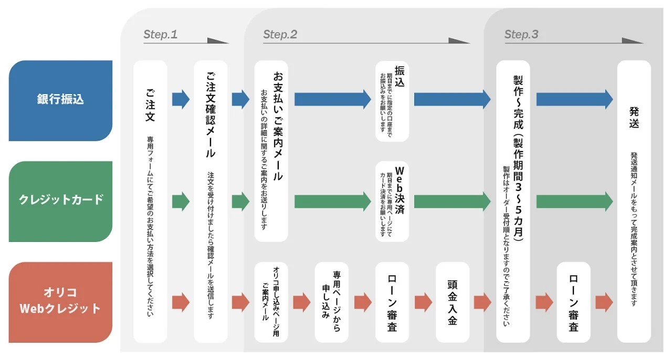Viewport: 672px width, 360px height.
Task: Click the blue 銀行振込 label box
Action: click(60, 101)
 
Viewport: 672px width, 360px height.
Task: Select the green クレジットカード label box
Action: click(60, 202)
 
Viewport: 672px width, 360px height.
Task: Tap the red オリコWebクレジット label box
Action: click(60, 302)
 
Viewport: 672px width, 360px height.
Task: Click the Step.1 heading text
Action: click(161, 35)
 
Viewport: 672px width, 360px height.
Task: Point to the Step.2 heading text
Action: click(280, 35)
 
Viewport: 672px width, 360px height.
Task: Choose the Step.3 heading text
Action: click(521, 35)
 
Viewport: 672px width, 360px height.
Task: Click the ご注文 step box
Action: click(150, 202)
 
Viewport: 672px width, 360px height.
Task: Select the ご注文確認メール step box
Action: click(211, 202)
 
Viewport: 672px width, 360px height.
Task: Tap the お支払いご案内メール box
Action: click(271, 151)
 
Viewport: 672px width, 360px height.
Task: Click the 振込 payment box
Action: click(392, 101)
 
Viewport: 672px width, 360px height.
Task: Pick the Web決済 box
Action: click(392, 202)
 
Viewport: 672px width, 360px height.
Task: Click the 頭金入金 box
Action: click(453, 302)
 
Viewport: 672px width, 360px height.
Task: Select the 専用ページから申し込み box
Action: click(332, 302)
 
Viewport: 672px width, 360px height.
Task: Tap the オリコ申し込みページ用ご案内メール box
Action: click(271, 302)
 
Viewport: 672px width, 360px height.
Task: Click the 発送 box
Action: click(634, 202)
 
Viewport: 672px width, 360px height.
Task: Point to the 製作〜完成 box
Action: click(513, 202)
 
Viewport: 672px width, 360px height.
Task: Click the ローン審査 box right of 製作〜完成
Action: click(574, 302)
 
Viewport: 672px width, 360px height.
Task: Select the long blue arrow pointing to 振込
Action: click(333, 99)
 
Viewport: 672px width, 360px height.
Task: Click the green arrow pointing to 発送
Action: click(574, 202)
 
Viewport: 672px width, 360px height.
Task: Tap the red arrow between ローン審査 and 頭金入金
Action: click(423, 302)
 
